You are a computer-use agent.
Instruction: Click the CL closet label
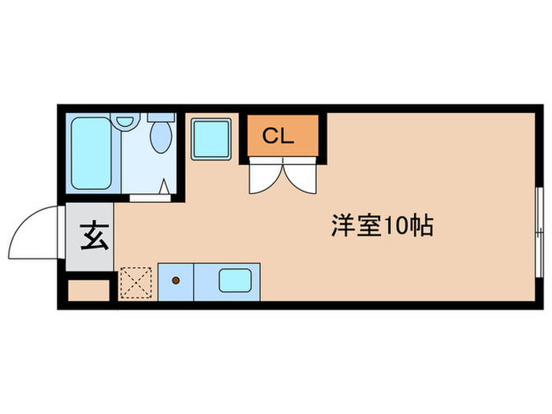[278, 136]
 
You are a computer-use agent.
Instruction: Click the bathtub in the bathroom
[90, 153]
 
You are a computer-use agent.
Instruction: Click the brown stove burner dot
[177, 280]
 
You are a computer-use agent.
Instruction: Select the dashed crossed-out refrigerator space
[136, 283]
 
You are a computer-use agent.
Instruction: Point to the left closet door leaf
[262, 177]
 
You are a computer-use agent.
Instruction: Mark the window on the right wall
[540, 224]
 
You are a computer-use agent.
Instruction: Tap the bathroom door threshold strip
[152, 197]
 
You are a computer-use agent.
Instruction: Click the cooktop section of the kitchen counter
[176, 282]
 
